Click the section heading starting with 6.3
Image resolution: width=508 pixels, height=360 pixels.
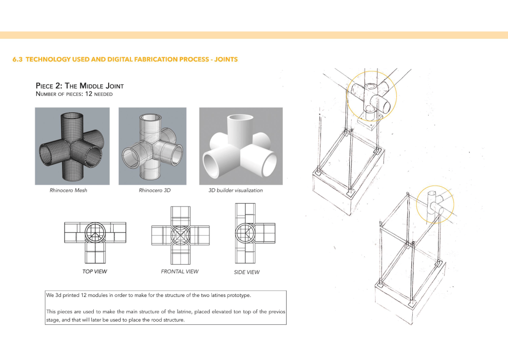[x=125, y=60]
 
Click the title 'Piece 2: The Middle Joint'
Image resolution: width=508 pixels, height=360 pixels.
[x=80, y=86]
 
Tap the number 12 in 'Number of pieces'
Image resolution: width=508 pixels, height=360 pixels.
[x=88, y=94]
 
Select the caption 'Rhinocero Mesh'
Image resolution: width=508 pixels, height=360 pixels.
[x=68, y=190]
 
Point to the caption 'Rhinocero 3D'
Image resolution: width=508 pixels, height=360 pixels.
[x=155, y=190]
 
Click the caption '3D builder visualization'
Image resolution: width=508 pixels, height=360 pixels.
[x=236, y=190]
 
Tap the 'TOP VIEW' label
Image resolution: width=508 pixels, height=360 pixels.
[x=95, y=272]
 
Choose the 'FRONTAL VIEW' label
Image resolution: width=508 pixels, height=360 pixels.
[x=180, y=272]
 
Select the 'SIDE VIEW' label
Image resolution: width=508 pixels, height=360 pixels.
[x=247, y=272]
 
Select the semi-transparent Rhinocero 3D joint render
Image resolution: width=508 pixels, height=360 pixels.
[x=152, y=146]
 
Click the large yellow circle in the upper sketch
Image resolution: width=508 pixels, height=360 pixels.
[x=372, y=96]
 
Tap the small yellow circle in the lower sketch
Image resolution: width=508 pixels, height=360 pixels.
[x=435, y=204]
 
